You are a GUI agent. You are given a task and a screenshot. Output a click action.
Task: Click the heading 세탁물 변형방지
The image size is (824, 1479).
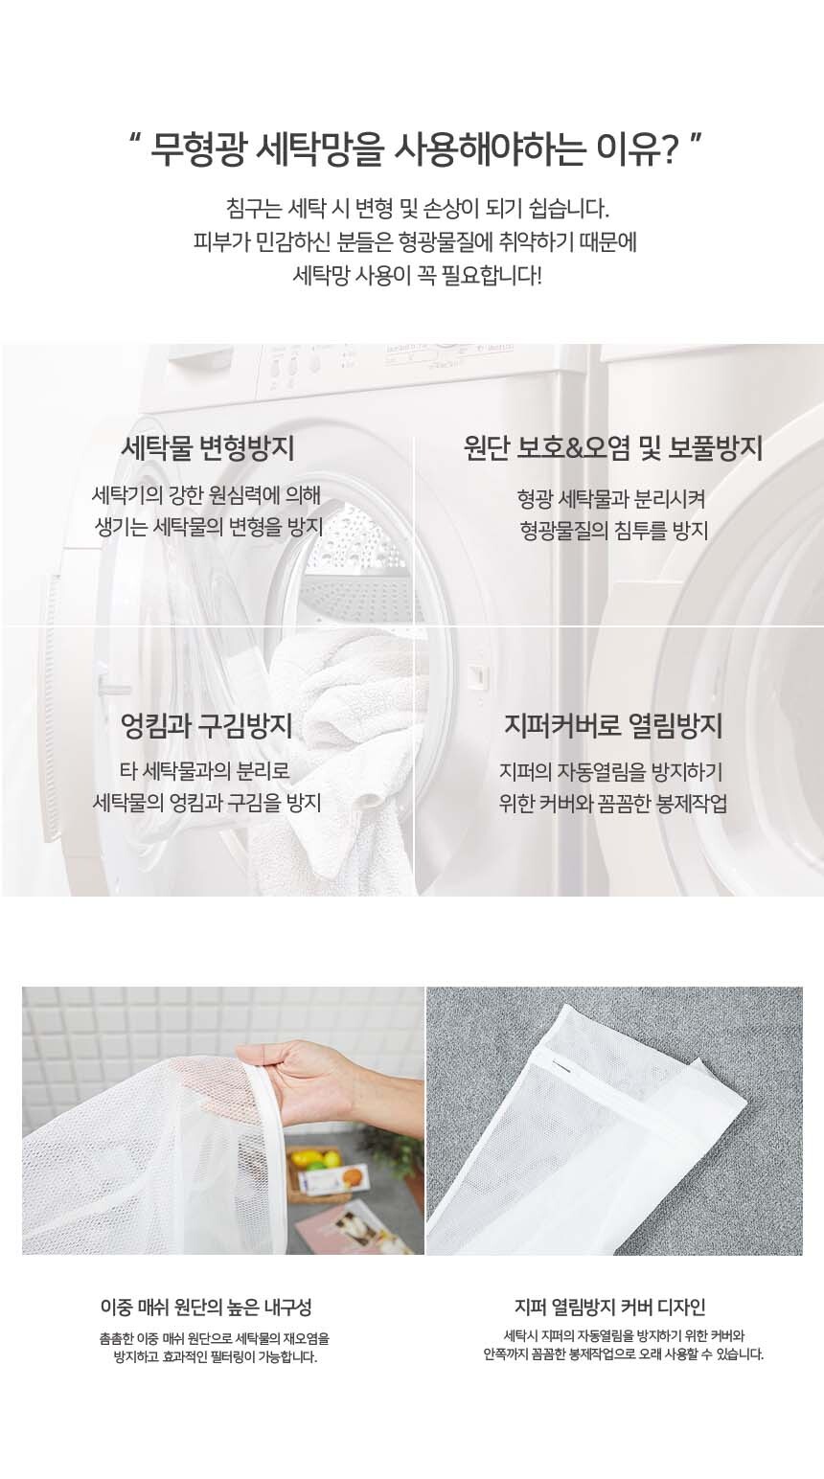207,449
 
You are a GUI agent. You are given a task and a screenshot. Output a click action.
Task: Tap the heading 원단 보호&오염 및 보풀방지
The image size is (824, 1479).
612,449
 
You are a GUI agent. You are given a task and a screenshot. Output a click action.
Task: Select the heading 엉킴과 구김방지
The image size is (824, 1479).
207,727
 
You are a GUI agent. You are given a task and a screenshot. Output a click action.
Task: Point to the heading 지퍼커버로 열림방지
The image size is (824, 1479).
612,727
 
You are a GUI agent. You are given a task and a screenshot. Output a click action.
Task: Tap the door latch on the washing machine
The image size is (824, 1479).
476,674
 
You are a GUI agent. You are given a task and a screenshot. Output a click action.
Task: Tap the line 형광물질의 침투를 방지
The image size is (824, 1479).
613,530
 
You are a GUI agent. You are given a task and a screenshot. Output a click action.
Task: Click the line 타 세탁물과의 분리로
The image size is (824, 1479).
205,771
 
